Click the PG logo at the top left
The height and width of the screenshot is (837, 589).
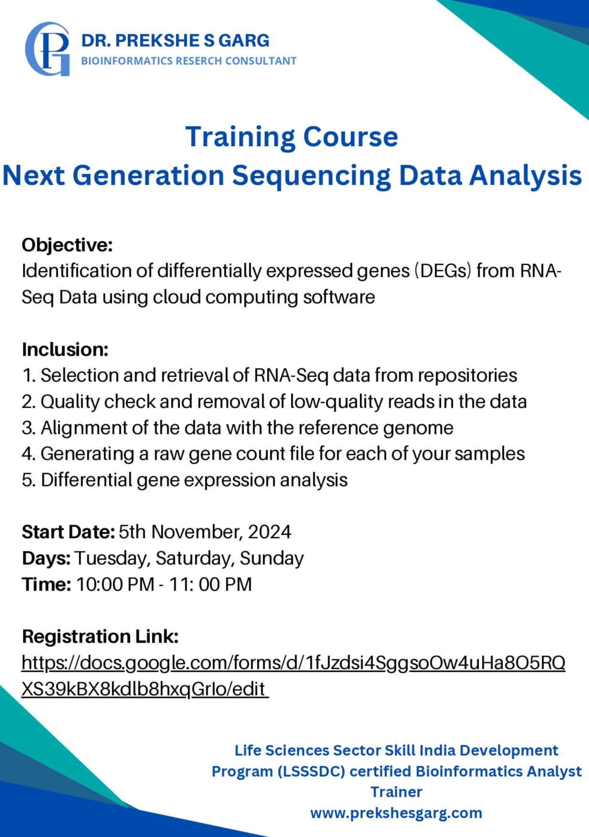(x=47, y=49)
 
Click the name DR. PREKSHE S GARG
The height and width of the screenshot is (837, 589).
(x=175, y=41)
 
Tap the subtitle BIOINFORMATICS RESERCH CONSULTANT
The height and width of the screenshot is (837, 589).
(x=189, y=61)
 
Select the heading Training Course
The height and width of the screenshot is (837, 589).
(x=291, y=137)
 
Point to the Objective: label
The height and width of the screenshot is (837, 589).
(x=67, y=245)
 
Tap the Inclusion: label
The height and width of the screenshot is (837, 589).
(x=65, y=350)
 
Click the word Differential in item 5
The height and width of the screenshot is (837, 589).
(x=86, y=480)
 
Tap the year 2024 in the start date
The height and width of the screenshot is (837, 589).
(x=269, y=532)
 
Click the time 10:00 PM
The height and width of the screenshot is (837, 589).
(x=115, y=584)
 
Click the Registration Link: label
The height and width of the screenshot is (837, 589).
(x=100, y=636)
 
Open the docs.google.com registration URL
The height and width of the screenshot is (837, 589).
(x=293, y=676)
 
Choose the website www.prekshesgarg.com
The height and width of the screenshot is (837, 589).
(x=396, y=813)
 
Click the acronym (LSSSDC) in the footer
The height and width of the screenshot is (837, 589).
(x=311, y=771)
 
